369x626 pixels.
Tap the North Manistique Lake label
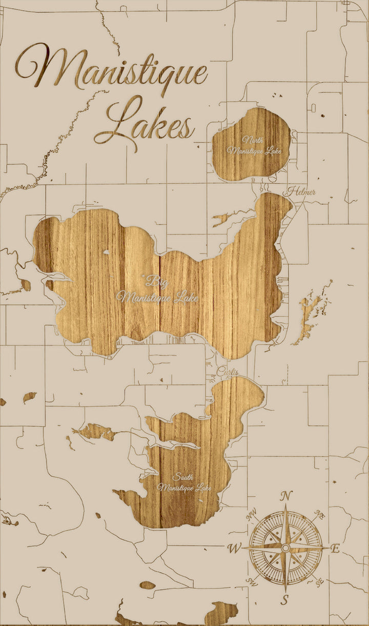pyautogui.click(x=254, y=145)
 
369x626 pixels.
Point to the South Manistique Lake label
pyautogui.click(x=184, y=482)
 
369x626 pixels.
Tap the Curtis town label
pyautogui.click(x=228, y=371)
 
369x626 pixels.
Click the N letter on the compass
pyautogui.click(x=286, y=496)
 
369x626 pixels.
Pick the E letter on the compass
pyautogui.click(x=335, y=549)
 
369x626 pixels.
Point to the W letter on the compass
pyautogui.click(x=234, y=549)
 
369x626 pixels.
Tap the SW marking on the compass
pyautogui.click(x=252, y=581)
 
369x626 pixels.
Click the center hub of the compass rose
pyautogui.click(x=285, y=548)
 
